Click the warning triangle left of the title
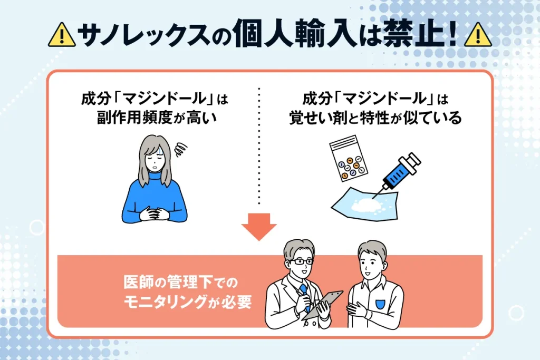[61, 35]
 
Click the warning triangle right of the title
[478, 35]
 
